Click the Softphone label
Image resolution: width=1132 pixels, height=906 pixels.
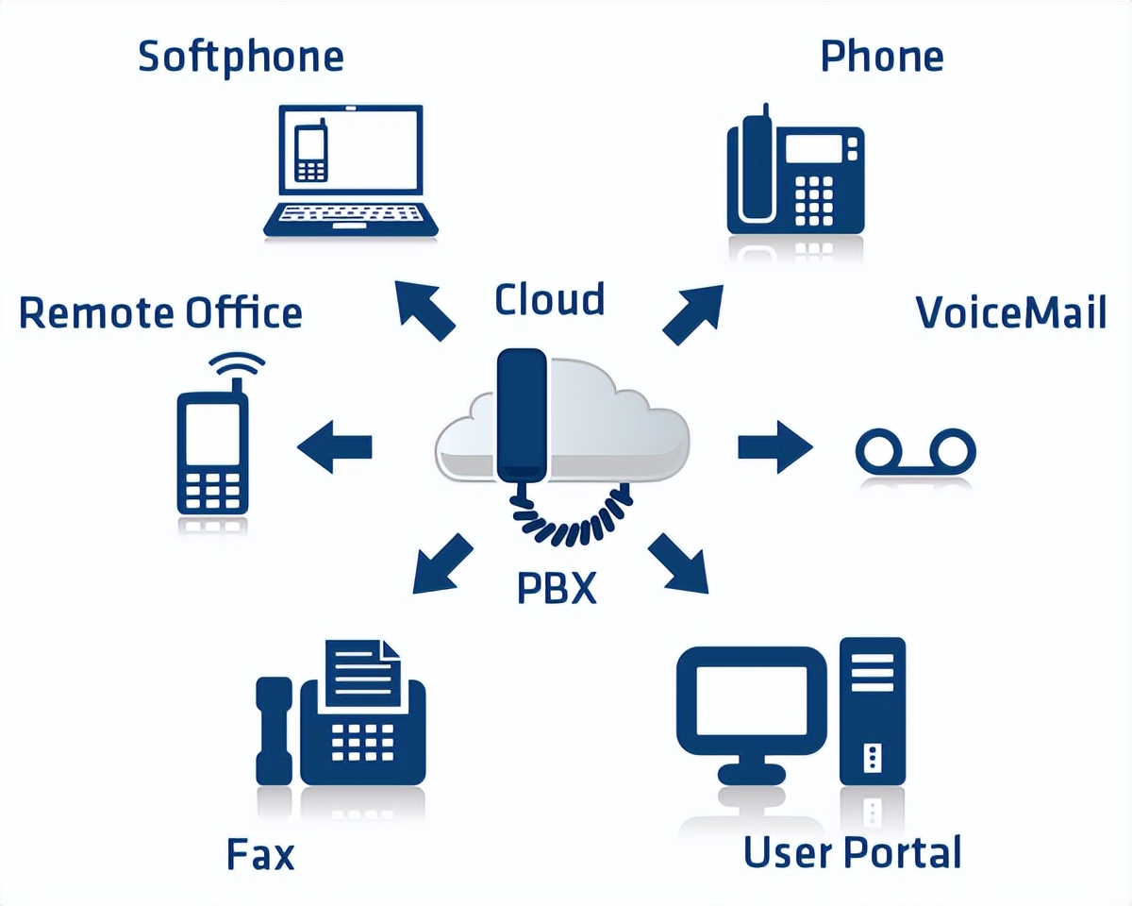point(241,57)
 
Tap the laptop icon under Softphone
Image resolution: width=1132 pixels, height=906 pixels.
point(350,170)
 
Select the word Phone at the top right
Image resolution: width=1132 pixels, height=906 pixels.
point(882,57)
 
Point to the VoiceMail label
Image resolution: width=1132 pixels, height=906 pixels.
point(1010,312)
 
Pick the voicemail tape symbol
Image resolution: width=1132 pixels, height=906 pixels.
point(914,450)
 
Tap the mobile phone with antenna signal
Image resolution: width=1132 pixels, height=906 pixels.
point(213,444)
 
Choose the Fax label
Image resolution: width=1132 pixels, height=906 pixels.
point(260,854)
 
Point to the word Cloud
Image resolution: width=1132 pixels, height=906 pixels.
point(549,300)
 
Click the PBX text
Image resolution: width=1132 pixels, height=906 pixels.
point(558,587)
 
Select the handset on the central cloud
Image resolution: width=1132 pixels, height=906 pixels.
point(522,415)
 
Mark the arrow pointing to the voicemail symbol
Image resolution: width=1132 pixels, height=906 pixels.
point(774,445)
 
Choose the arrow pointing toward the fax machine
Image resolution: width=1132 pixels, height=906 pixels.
point(441,564)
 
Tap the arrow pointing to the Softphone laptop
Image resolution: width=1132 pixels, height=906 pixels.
point(424,310)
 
